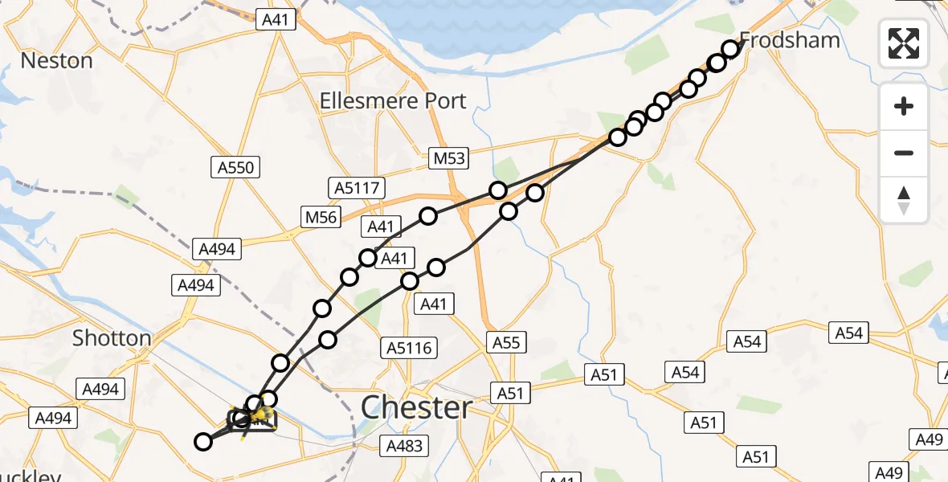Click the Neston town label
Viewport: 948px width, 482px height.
[x=56, y=60]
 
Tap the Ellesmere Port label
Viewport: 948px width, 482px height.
[x=393, y=101]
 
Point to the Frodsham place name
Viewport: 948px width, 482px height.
[x=789, y=40]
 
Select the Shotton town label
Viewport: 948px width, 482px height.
[x=112, y=338]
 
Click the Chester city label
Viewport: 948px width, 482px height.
[x=416, y=407]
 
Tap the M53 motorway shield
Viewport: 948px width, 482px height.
[x=447, y=157]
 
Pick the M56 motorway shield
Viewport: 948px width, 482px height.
[x=321, y=216]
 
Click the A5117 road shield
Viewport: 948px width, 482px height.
[x=357, y=189]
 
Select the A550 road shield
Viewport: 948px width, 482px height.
[x=235, y=168]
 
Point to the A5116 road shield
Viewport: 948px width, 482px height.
[x=409, y=348]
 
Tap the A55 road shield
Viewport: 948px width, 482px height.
[x=506, y=343]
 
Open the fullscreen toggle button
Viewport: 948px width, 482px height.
[x=904, y=43]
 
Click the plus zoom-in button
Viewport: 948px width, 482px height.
[x=904, y=106]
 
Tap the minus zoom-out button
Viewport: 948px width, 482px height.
[x=904, y=153]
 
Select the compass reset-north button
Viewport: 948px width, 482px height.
[x=904, y=200]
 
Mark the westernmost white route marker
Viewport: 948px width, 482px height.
[x=204, y=441]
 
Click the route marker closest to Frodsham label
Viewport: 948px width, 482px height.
[x=730, y=49]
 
